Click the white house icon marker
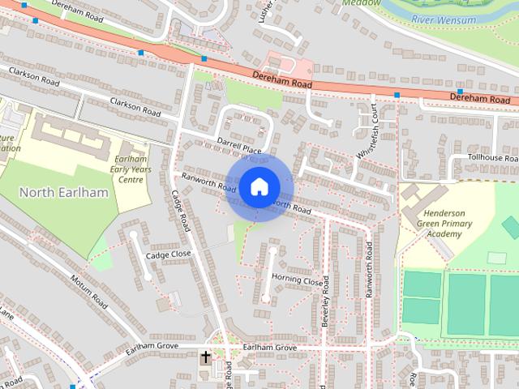259,186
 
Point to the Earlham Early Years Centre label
130,169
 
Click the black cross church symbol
205,357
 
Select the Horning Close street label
296,280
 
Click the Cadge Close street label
168,254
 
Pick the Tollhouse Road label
493,158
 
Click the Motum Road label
89,291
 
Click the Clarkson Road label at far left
35,77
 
